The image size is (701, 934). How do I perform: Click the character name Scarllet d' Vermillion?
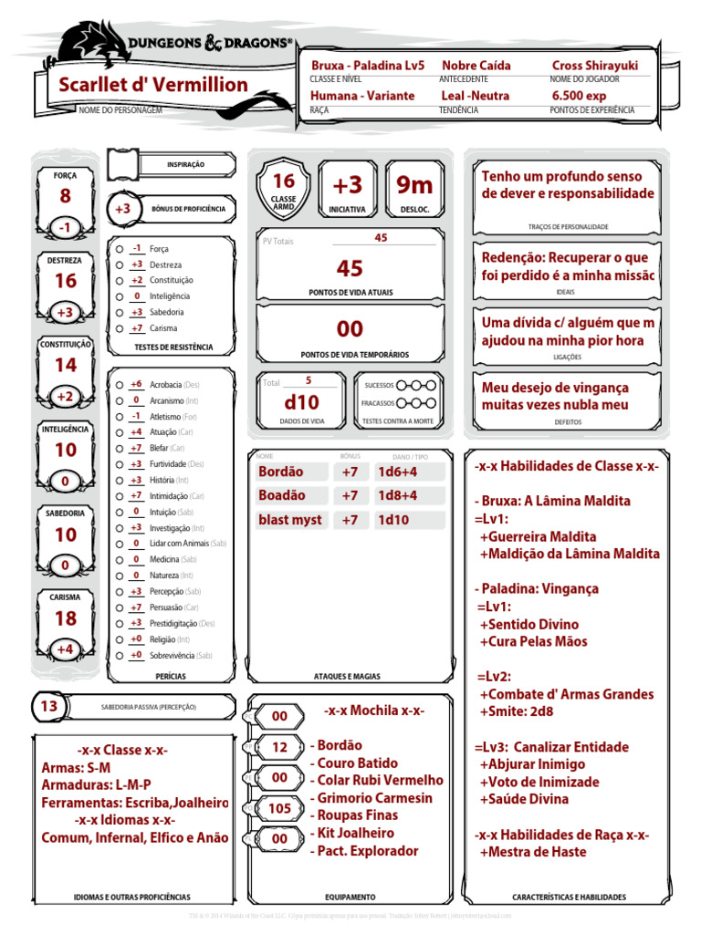coord(153,85)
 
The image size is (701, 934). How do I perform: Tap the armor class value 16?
coord(284,181)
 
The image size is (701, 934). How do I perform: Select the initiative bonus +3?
coord(347,185)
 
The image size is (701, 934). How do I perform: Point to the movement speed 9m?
coord(414,185)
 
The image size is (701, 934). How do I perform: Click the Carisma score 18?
coord(66,618)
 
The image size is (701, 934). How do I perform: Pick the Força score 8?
coord(66,196)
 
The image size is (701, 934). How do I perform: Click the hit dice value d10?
coord(301,401)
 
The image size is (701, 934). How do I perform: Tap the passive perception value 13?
coord(49,706)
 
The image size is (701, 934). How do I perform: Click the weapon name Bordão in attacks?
coord(281,472)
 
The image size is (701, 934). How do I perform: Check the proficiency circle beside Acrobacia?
coord(120,385)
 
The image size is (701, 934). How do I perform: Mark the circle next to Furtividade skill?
coord(120,464)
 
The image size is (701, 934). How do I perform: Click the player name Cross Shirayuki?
coord(594,66)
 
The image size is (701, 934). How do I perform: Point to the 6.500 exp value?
coord(579,96)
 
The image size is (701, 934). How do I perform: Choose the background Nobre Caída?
coord(476,66)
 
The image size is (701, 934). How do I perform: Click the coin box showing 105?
coord(280,808)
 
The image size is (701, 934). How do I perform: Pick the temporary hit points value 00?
coord(350,329)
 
